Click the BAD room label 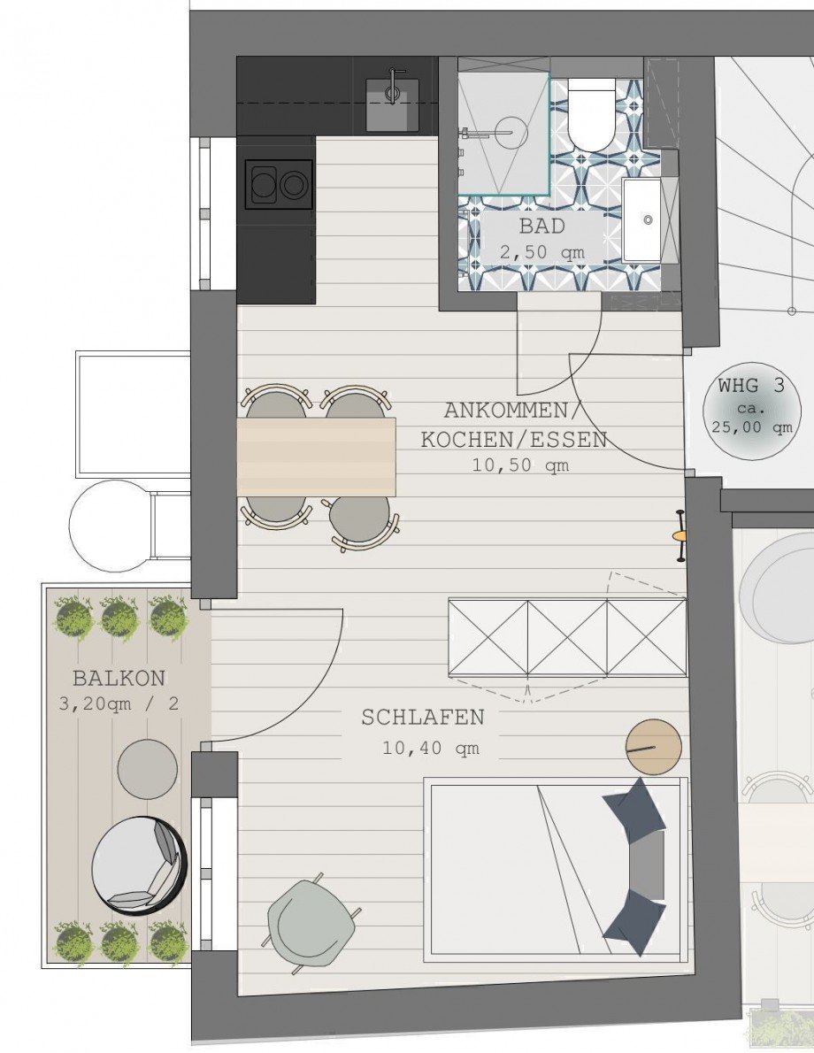[x=541, y=227]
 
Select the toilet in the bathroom [x=591, y=115]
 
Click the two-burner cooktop [x=279, y=185]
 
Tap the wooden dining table [x=316, y=457]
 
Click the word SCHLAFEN [x=423, y=717]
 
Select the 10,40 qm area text [x=431, y=748]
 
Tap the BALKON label [x=119, y=679]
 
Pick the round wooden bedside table [x=654, y=748]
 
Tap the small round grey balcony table [x=147, y=769]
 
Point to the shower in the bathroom [x=503, y=133]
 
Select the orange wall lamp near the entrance [x=680, y=535]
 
